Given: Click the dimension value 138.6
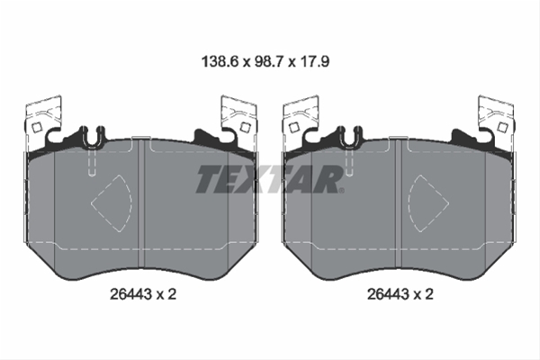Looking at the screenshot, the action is [x=220, y=62].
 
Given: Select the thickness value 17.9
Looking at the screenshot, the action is [x=315, y=62].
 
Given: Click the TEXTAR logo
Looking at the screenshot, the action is [x=270, y=179].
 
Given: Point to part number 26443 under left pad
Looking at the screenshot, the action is [x=130, y=294].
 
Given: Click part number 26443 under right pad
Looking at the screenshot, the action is [x=388, y=294].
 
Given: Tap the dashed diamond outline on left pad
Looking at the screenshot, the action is [x=112, y=203].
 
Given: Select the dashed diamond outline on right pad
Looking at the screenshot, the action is [x=428, y=203].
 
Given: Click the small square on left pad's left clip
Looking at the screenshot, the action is [x=37, y=128].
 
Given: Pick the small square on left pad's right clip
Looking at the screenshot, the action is [x=245, y=128].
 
